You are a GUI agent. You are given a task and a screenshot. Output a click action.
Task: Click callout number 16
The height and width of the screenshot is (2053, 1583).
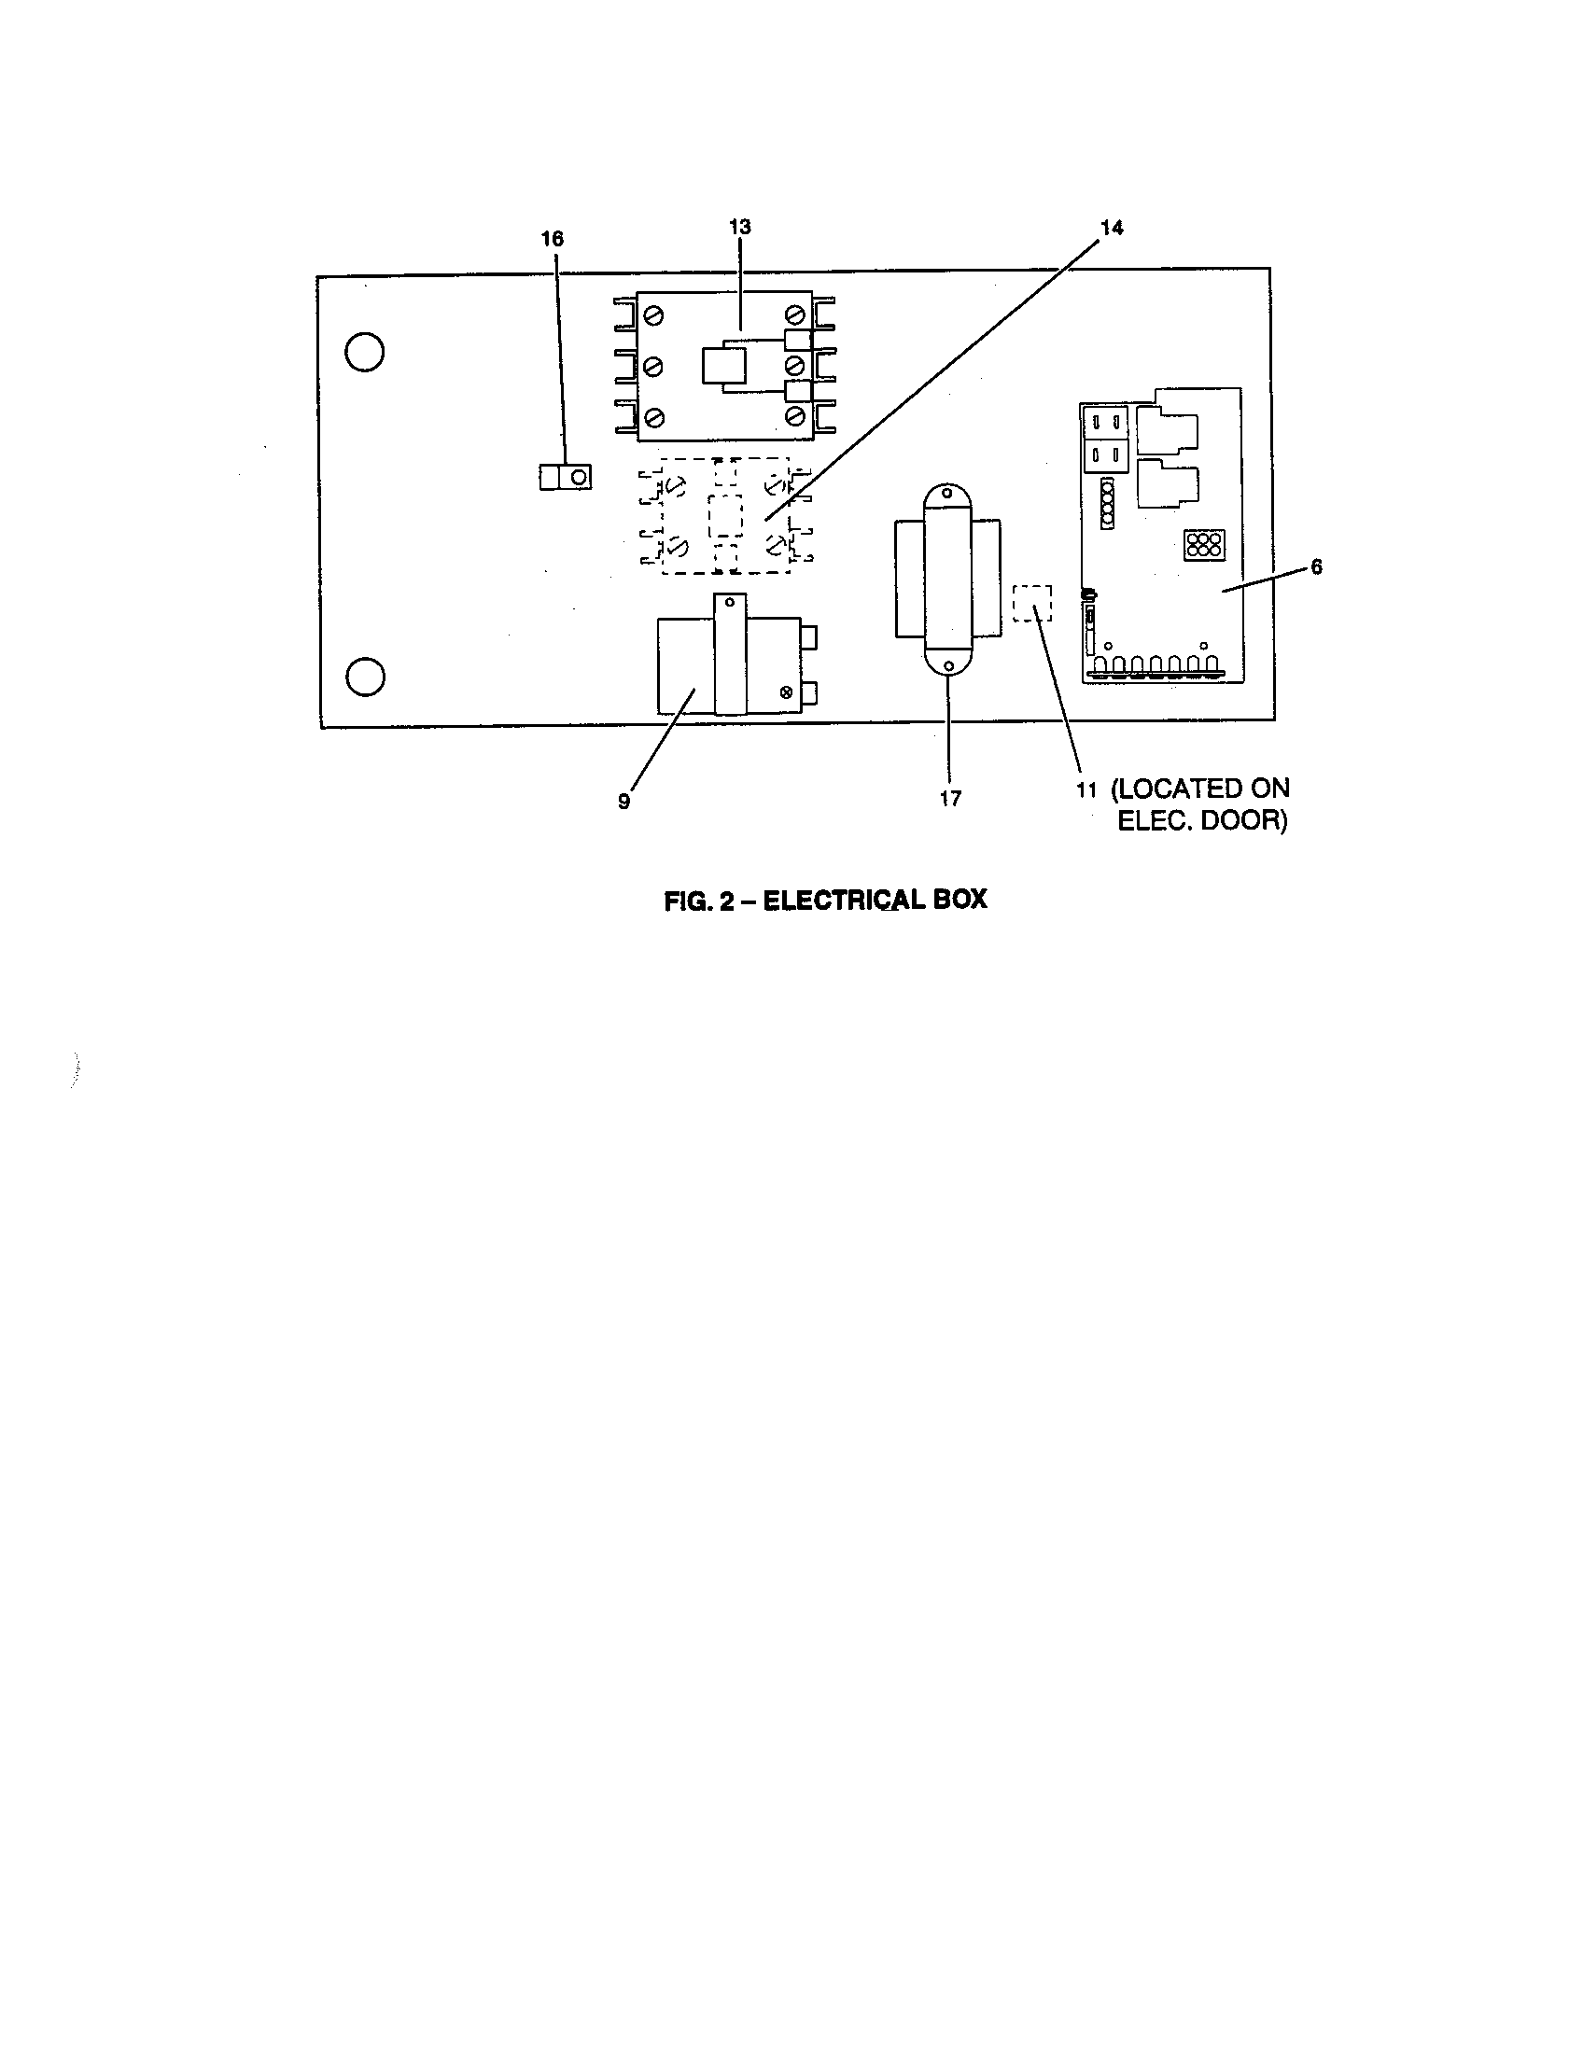pos(552,239)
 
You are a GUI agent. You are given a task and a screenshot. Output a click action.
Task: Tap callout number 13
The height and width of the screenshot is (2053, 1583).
pos(740,228)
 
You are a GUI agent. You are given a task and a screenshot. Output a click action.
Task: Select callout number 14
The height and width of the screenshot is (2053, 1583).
pos(1111,228)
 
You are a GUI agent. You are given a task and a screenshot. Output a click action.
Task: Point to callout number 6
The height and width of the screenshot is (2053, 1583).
pos(1316,566)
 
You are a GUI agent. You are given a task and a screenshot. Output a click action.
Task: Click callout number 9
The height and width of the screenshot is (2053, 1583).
pos(623,801)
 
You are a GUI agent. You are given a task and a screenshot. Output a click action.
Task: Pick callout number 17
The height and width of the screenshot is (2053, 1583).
pos(950,798)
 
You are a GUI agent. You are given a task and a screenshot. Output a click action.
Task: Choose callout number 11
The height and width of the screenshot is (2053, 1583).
pos(1086,789)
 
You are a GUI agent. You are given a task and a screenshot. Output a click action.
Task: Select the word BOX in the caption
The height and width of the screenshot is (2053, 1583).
pos(960,900)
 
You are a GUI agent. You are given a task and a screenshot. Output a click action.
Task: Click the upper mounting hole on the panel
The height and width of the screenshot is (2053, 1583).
pos(365,353)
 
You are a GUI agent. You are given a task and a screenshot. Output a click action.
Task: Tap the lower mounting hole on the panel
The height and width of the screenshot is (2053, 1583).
pos(365,677)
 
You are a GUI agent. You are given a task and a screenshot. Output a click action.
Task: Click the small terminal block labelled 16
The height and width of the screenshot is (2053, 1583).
pos(566,478)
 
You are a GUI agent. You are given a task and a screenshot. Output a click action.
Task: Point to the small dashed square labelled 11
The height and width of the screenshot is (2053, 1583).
pos(1032,604)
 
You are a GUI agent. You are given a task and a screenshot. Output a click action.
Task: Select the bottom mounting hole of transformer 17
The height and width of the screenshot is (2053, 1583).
pos(948,665)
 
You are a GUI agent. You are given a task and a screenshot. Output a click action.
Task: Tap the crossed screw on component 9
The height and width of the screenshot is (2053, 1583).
pos(786,692)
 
